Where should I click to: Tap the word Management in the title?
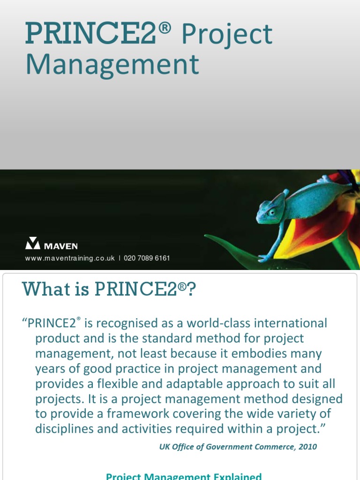(x=112, y=65)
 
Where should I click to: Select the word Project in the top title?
(x=226, y=35)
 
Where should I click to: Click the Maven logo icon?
(x=33, y=243)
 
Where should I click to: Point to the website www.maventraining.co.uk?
(x=70, y=258)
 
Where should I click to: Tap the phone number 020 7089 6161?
(x=147, y=258)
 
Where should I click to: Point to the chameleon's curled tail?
(x=328, y=179)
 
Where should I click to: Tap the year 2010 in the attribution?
(x=307, y=447)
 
